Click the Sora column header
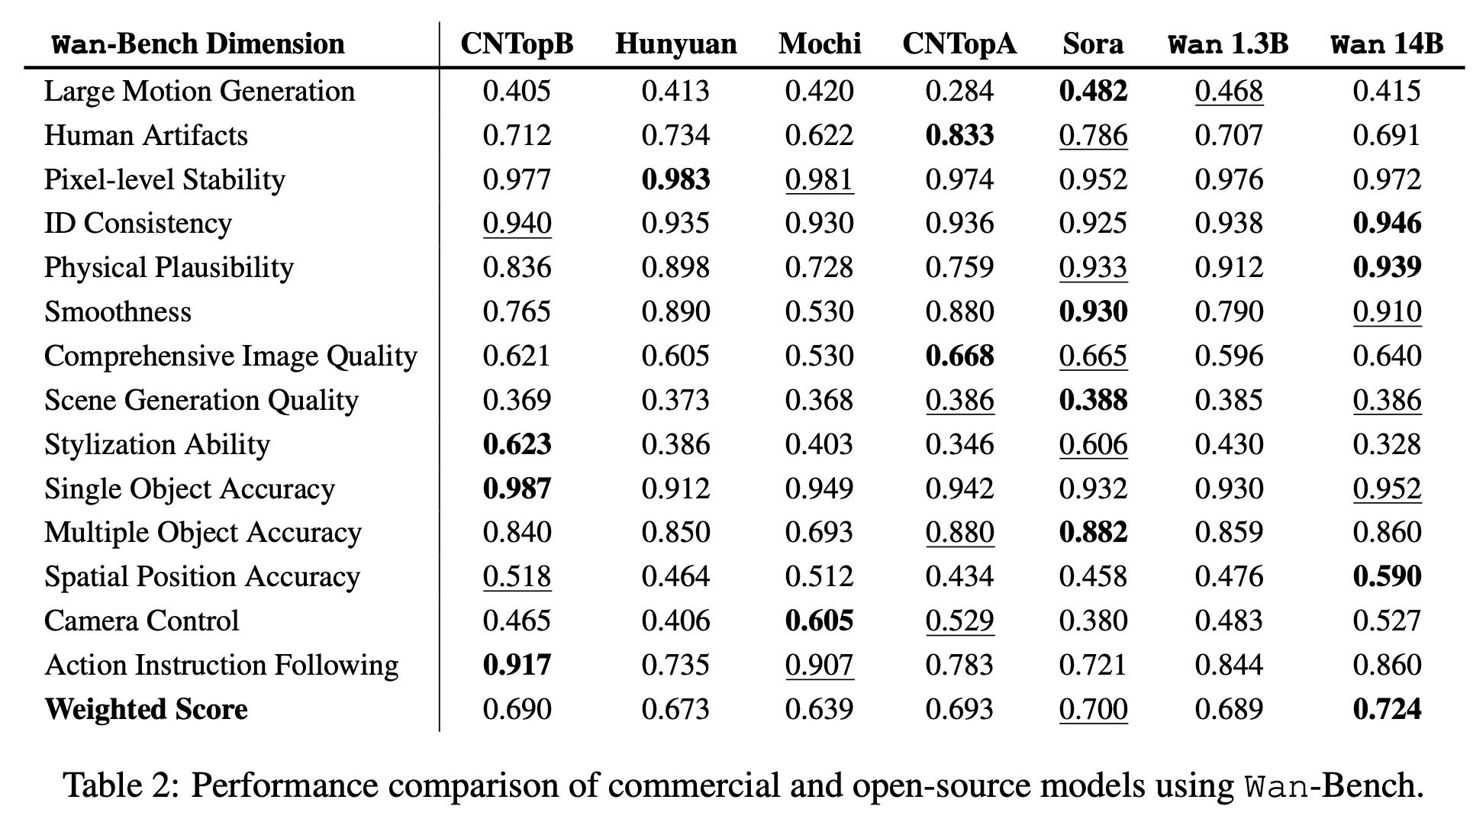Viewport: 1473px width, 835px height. tap(1093, 44)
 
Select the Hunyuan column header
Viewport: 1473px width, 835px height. tap(675, 45)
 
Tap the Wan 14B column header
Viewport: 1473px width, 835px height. tap(1386, 44)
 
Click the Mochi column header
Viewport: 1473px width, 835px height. tap(820, 44)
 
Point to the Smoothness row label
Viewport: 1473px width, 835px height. tap(118, 311)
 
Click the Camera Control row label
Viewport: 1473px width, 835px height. tap(142, 621)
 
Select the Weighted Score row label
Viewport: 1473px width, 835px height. tap(146, 709)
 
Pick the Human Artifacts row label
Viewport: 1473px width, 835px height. tap(146, 135)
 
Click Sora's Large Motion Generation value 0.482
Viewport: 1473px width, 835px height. tap(1093, 91)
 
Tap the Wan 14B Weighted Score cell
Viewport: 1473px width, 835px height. tap(1387, 709)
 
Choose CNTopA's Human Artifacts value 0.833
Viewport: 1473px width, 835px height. tap(959, 135)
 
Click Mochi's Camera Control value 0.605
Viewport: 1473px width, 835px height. tap(819, 621)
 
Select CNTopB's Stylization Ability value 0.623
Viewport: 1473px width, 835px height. tap(517, 444)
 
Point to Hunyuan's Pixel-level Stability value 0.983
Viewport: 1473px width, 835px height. tap(675, 179)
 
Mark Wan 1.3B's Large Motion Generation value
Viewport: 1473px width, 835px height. tap(1229, 91)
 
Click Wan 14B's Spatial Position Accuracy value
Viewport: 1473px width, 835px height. tap(1387, 576)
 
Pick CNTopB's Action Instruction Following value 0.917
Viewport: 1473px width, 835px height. tap(517, 665)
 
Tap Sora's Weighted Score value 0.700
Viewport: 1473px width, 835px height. tap(1093, 709)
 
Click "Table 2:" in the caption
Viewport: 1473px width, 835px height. tap(121, 785)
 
